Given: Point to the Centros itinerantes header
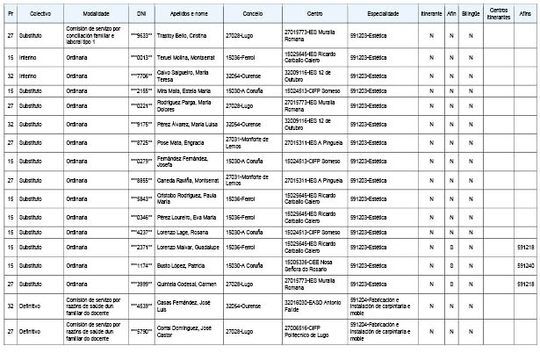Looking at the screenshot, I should click(497, 15).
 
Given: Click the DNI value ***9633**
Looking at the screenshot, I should click(141, 35).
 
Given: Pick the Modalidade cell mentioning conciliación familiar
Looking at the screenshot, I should click(91, 35).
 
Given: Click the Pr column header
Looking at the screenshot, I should click(10, 15).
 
